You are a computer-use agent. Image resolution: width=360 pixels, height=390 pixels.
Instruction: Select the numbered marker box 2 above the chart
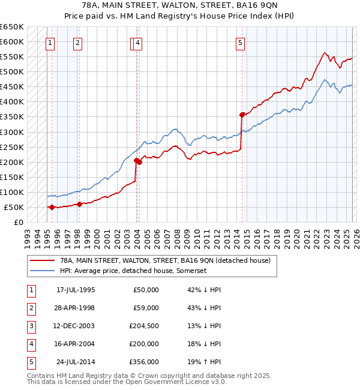(78, 43)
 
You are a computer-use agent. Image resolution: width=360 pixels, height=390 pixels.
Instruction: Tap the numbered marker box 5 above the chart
(240, 43)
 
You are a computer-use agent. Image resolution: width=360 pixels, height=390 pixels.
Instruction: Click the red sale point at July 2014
(242, 115)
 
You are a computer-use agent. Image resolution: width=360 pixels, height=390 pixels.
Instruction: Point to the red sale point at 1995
(52, 207)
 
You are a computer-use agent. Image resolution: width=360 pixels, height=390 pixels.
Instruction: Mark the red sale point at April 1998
(80, 204)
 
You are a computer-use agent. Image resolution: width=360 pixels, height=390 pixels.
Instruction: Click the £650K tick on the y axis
(12, 27)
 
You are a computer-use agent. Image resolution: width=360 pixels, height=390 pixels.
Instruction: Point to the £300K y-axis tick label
(12, 132)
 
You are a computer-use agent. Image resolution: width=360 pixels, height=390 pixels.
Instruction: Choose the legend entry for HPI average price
(133, 271)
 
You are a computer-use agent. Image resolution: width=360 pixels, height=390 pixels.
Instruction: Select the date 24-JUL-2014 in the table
(76, 362)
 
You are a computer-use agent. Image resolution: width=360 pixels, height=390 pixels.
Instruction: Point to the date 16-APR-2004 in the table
(76, 344)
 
